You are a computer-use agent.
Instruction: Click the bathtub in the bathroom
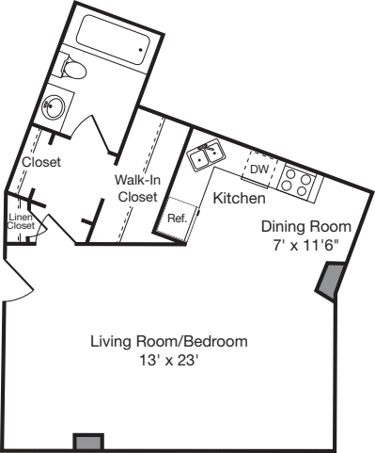coord(115,40)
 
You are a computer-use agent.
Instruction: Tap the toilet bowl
coord(74,69)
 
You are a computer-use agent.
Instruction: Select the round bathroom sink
coord(54,107)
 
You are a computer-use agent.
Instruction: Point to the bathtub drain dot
coord(141,50)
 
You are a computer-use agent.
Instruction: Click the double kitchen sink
coord(206,154)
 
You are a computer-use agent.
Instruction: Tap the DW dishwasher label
coord(259,170)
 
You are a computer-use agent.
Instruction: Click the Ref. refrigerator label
coord(178,218)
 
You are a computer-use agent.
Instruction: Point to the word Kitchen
coord(239,198)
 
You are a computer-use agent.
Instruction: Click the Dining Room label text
coord(306,226)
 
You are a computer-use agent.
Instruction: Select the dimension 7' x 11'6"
coord(306,245)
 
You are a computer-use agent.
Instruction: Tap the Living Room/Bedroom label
coord(169,341)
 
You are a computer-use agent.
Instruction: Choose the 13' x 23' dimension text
coord(169,361)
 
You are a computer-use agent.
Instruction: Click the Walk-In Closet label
coord(137,188)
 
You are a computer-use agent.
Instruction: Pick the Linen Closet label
coord(21,221)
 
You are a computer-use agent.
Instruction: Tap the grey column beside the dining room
coord(331,281)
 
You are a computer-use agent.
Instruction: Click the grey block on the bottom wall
coord(88,442)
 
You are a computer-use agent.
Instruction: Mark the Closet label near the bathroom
coord(41,162)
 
